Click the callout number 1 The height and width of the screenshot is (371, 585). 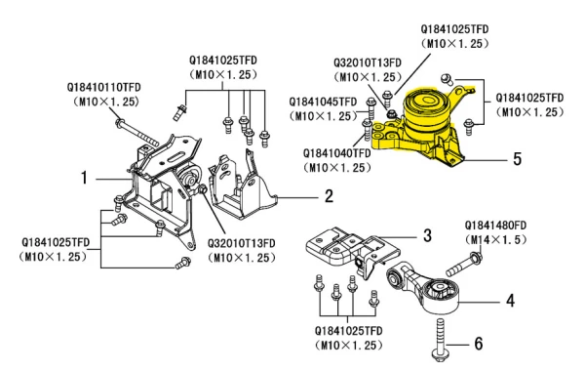[85, 178]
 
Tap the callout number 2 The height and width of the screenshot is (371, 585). [329, 196]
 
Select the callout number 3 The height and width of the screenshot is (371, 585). [428, 235]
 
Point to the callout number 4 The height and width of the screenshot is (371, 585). [510, 301]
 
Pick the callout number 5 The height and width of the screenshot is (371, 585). [517, 159]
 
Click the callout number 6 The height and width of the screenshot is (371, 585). [479, 344]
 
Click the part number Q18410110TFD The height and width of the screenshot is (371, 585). [104, 88]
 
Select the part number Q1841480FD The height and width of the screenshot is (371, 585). [495, 226]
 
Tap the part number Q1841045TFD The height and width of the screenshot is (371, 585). [323, 102]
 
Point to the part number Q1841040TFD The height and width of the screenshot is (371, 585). [337, 153]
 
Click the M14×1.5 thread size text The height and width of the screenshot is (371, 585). [496, 240]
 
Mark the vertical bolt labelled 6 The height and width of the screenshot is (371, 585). [441, 340]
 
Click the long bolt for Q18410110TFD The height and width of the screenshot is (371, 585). [137, 134]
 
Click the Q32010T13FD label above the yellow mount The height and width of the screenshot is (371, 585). [368, 62]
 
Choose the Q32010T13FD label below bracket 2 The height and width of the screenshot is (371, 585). [242, 243]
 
